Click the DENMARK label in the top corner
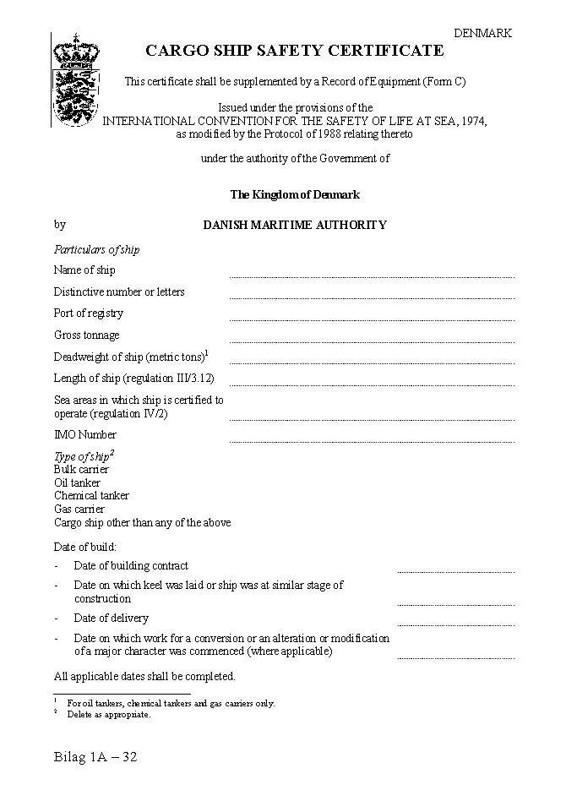coord(482,33)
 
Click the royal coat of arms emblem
coord(75,79)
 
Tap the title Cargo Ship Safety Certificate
coord(295,51)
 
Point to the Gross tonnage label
coord(87,335)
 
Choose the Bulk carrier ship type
coord(81,469)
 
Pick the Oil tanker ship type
coord(77,482)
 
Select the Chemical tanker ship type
coord(91,496)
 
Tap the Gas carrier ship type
coord(79,509)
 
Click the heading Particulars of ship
coord(96,250)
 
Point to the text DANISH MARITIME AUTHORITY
coord(295,226)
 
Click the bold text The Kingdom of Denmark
coord(295,195)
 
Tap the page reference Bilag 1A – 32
coord(95,757)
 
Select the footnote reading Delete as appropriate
coord(109,715)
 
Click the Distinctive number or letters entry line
coord(372,297)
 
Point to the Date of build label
coord(85,548)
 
